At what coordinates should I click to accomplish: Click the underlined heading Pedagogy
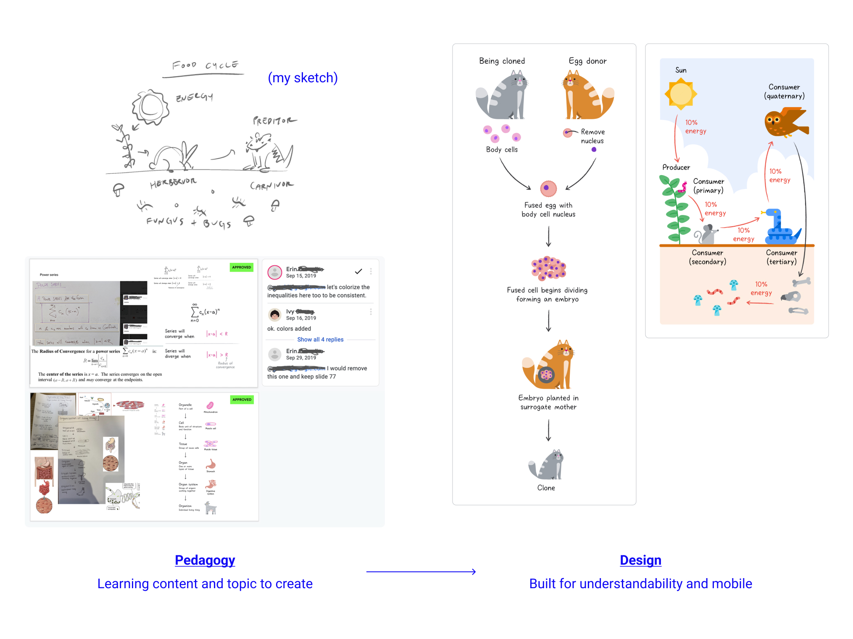[x=205, y=560]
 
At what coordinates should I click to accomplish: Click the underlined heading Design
[x=640, y=560]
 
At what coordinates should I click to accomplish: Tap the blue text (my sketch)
[x=303, y=78]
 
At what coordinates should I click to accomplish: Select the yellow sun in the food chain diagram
[x=681, y=94]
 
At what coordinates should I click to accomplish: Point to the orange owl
[x=785, y=122]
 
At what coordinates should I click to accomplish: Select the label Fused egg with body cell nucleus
[x=548, y=210]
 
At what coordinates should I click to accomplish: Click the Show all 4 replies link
[x=320, y=339]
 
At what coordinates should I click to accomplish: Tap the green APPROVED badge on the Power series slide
[x=242, y=267]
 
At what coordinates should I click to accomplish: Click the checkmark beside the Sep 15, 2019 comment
[x=358, y=272]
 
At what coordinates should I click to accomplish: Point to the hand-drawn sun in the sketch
[x=150, y=107]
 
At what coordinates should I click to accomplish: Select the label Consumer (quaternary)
[x=784, y=92]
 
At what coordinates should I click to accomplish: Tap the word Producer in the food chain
[x=676, y=167]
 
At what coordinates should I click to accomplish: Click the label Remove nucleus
[x=592, y=136]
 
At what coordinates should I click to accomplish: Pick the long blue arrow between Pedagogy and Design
[x=421, y=571]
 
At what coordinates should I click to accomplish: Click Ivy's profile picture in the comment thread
[x=275, y=314]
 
